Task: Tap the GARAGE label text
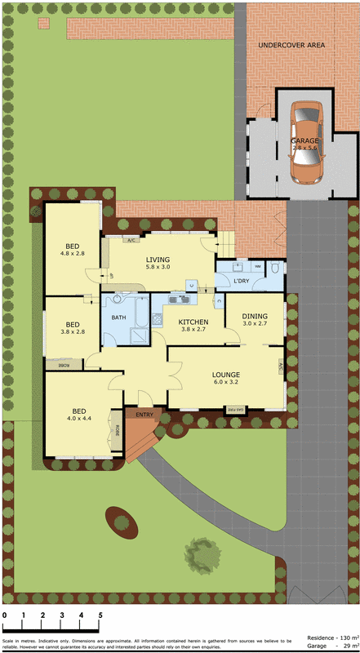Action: click(304, 140)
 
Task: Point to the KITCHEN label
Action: click(193, 322)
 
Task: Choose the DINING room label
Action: click(255, 316)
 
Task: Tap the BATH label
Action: click(119, 317)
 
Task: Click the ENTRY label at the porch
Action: click(144, 415)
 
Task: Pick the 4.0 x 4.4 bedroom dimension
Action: click(79, 419)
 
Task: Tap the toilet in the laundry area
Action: click(275, 269)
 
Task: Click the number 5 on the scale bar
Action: click(100, 615)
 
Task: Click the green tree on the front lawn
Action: click(202, 551)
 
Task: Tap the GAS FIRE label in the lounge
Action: click(235, 408)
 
